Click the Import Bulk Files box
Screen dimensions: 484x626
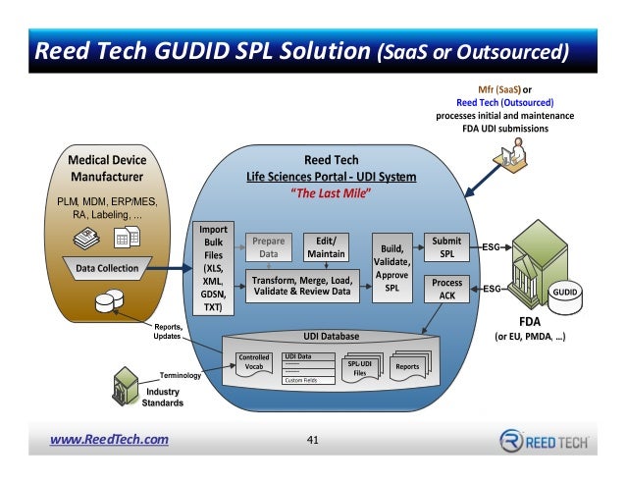(212, 267)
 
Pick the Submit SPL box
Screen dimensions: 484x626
(447, 246)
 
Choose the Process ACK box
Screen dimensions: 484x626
(447, 289)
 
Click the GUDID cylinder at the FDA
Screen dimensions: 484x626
(564, 292)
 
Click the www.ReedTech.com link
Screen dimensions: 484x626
(109, 439)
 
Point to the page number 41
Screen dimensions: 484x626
(314, 439)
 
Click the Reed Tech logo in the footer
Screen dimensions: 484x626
(544, 440)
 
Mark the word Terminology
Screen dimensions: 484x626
(181, 374)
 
